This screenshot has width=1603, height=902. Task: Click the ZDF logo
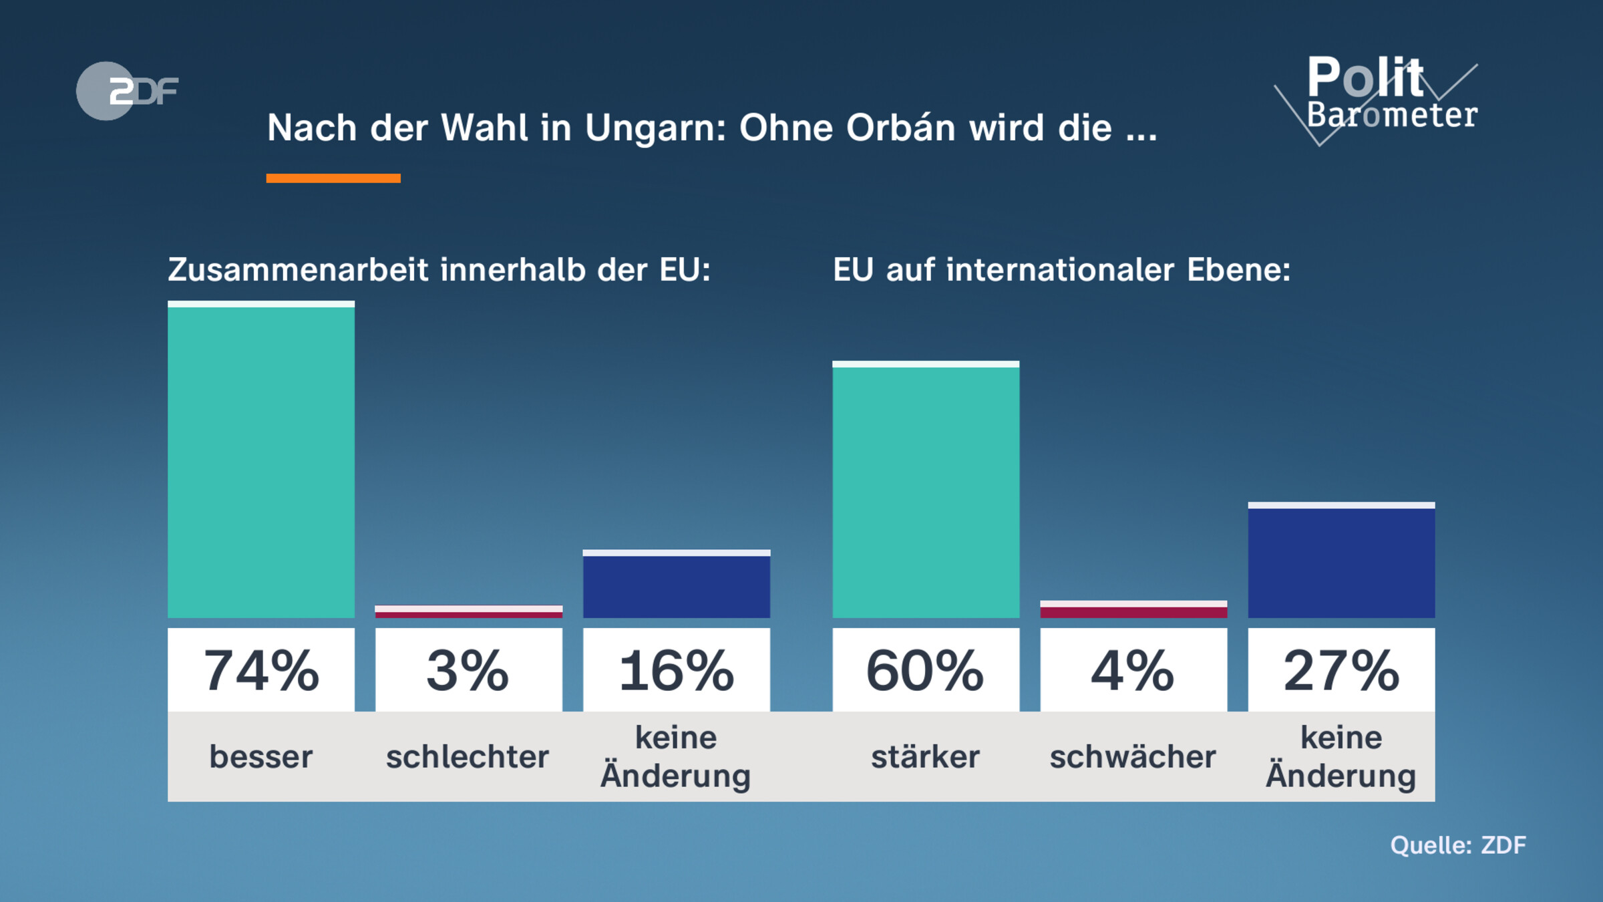(127, 91)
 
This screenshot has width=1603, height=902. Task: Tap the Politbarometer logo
(1383, 97)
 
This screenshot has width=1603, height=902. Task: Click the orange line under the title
(333, 178)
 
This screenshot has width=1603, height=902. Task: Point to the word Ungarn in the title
(655, 128)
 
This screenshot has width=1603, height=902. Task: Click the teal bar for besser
(261, 461)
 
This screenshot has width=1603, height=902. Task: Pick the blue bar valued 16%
(676, 585)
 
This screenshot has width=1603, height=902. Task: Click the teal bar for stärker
(926, 491)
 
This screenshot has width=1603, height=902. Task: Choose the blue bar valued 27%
(1341, 561)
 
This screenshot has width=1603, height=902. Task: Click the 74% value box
(261, 670)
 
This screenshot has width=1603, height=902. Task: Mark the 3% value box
(468, 670)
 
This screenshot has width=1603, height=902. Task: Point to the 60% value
(926, 670)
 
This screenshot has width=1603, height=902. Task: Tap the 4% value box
(1133, 670)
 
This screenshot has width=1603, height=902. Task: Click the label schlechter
(468, 757)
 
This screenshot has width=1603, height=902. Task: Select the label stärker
(926, 757)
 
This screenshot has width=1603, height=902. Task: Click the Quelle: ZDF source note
(1458, 845)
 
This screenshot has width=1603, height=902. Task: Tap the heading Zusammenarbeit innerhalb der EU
(439, 270)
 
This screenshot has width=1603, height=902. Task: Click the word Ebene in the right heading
(1238, 270)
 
